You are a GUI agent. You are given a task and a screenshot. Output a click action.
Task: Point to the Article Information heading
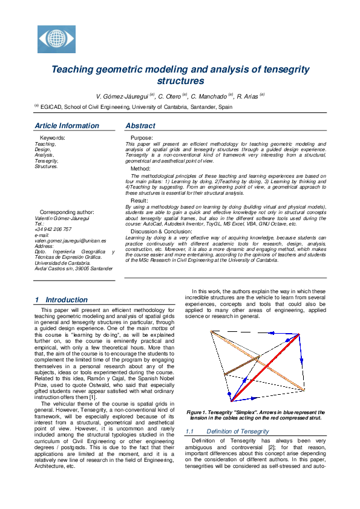tap(67, 126)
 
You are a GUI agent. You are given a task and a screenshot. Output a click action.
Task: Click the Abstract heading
tap(140, 126)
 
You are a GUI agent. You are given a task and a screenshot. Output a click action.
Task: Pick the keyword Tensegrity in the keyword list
tap(47, 161)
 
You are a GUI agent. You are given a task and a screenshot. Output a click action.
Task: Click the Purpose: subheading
tap(142, 138)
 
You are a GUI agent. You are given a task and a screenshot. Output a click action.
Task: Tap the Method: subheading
tap(141, 169)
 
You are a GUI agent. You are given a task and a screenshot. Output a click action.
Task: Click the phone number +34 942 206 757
tap(53, 230)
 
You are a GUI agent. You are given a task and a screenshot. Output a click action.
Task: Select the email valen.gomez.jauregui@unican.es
tap(70, 241)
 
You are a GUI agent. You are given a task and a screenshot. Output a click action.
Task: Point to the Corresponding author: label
tap(67, 213)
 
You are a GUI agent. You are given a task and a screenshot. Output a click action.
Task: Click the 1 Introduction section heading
tap(61, 299)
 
